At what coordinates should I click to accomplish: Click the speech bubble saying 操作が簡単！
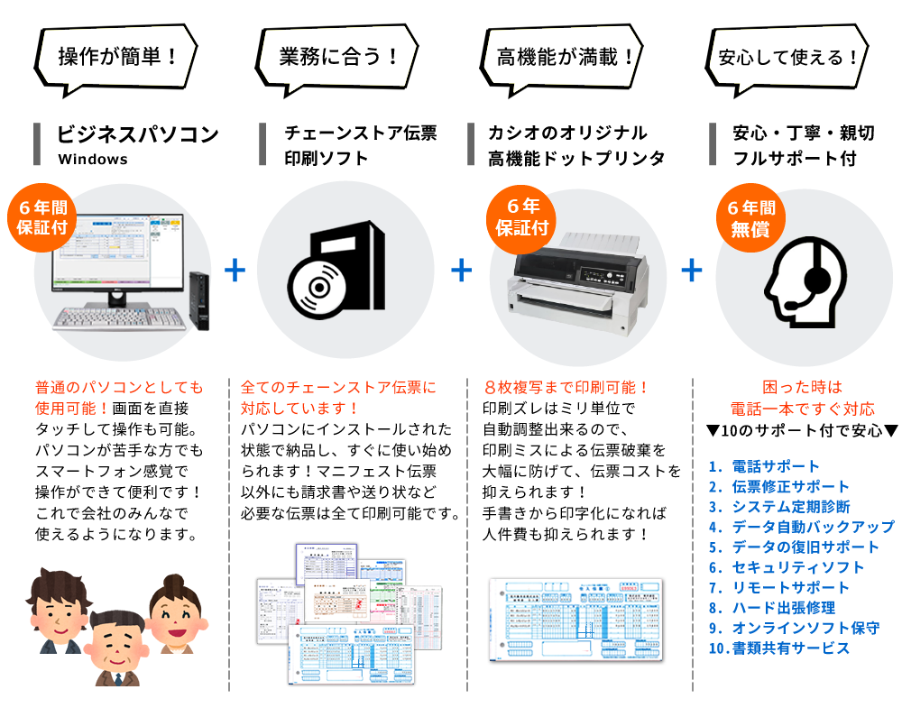coord(117,57)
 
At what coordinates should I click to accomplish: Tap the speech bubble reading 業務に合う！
coord(339,57)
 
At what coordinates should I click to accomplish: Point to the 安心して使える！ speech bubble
coord(788,57)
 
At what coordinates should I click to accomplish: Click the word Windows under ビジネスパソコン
coord(93,160)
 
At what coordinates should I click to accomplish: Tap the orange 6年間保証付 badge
coord(42,217)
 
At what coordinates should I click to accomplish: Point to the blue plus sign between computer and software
coord(235,270)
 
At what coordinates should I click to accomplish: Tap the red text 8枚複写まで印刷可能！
coord(566,388)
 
